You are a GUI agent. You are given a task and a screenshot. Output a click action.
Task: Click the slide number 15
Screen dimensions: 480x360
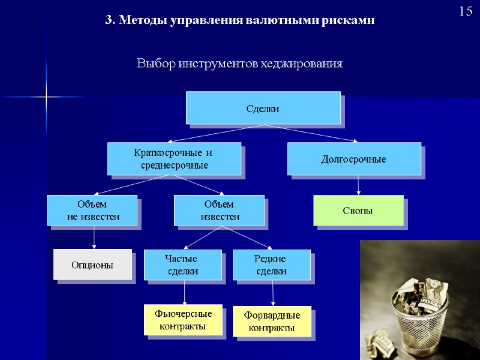466,11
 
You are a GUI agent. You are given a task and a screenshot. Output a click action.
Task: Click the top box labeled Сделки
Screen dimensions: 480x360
263,108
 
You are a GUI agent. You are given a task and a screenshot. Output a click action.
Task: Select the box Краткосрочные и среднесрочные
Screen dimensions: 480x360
173,158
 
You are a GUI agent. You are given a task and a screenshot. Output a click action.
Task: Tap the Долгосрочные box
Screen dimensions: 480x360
354,159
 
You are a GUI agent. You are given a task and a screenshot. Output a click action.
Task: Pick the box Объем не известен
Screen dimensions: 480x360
92,211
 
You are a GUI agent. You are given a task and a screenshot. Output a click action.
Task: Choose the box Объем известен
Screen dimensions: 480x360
219,211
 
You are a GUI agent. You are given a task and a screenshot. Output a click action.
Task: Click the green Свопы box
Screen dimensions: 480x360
358,211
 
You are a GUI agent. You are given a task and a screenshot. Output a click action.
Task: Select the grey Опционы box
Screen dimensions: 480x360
92,265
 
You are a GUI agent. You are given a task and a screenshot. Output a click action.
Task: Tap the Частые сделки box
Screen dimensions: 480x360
182,265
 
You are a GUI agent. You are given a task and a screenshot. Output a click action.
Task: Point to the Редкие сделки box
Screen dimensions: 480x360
271,265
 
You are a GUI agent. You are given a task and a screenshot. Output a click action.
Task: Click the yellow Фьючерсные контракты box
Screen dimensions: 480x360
183,320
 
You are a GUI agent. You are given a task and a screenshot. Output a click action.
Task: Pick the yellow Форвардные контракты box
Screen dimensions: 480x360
272,322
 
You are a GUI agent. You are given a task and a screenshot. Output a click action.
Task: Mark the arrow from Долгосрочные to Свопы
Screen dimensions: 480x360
358,184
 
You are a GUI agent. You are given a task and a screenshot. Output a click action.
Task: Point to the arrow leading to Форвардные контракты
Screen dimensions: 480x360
273,293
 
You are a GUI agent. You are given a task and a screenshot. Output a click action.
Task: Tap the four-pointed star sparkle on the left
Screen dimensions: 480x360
46,97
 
